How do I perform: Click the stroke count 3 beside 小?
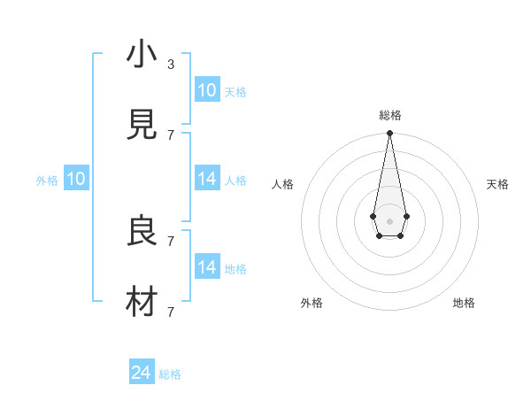coord(171,65)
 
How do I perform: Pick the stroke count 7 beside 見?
coord(171,135)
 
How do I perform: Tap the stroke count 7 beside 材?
coord(171,312)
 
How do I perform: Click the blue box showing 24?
coord(142,374)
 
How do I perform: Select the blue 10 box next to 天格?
coord(207,90)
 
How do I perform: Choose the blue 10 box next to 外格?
coord(76,179)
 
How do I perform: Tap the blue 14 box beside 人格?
coord(207,179)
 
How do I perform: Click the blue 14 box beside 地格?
coord(207,267)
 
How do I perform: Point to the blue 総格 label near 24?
coord(170,374)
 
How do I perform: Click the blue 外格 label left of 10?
coord(47,180)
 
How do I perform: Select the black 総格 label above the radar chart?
coord(389,115)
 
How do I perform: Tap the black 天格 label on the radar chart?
coord(497,184)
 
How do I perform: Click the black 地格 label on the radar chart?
coord(464,303)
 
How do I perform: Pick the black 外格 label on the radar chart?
coord(312,303)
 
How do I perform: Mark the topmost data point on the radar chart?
coord(389,134)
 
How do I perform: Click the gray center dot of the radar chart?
coord(389,220)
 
